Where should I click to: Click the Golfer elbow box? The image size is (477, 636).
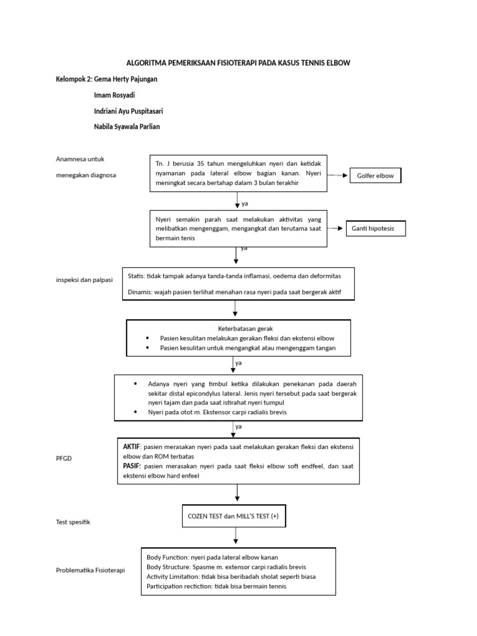click(376, 176)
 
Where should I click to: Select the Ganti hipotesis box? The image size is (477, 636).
click(375, 229)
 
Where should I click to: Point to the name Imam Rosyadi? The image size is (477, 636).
click(113, 95)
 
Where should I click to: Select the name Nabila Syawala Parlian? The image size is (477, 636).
click(130, 127)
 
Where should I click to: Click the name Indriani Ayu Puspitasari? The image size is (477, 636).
click(129, 111)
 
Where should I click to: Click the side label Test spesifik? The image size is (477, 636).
click(73, 522)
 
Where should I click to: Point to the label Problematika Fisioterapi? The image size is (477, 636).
click(90, 570)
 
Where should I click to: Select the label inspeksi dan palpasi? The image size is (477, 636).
click(84, 280)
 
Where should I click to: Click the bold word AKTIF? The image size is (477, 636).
click(132, 446)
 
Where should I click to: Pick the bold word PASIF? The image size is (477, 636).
click(132, 466)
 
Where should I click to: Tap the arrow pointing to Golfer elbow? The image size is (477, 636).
click(338, 176)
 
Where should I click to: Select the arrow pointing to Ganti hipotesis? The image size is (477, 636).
click(335, 229)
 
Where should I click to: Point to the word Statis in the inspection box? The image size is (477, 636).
click(135, 275)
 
